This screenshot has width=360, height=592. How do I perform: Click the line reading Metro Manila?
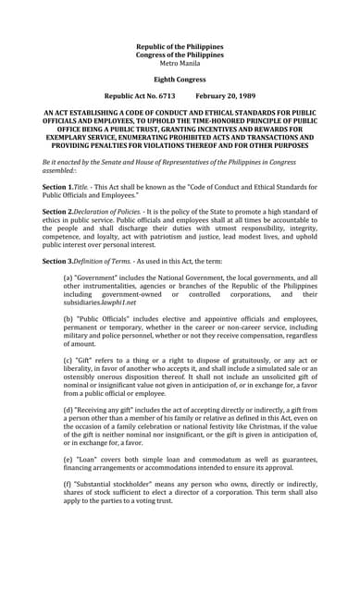(x=180, y=63)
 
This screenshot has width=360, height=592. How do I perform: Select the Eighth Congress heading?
(x=180, y=80)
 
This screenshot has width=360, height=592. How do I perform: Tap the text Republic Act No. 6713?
(x=140, y=95)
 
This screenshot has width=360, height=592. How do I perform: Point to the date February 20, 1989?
(x=225, y=95)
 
